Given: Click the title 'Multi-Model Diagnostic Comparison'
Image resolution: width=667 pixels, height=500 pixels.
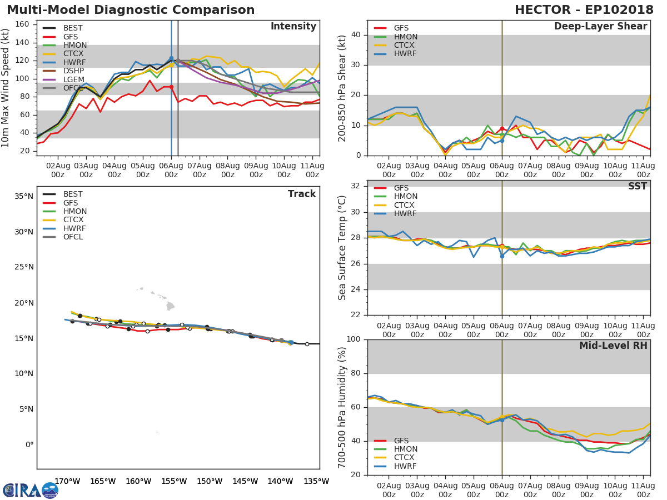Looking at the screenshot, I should tap(131, 10).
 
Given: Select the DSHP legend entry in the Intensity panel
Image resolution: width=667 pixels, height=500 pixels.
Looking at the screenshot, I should tap(73, 71).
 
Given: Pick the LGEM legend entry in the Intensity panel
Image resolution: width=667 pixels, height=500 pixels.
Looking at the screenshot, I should tap(73, 79).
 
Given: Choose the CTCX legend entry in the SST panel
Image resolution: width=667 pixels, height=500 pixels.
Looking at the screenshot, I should tap(405, 206).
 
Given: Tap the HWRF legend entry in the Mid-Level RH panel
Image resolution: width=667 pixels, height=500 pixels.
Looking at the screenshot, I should tap(405, 467).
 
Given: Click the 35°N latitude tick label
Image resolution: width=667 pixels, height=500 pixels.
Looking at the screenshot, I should tap(23, 196).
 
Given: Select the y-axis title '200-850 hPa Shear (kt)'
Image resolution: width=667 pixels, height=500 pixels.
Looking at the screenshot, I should tap(342, 88).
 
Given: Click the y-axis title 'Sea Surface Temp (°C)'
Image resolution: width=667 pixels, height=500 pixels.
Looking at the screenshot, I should tap(342, 247).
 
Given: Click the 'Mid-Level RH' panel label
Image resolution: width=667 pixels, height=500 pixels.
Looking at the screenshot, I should tap(613, 346).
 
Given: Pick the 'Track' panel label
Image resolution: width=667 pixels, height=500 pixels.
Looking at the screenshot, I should tap(302, 194).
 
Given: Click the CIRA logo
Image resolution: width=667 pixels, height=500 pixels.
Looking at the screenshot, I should tap(31, 490).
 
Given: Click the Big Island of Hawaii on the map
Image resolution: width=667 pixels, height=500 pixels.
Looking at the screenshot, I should tap(170, 306).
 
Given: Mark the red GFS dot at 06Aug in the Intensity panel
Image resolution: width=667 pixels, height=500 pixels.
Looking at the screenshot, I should tap(171, 87).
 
